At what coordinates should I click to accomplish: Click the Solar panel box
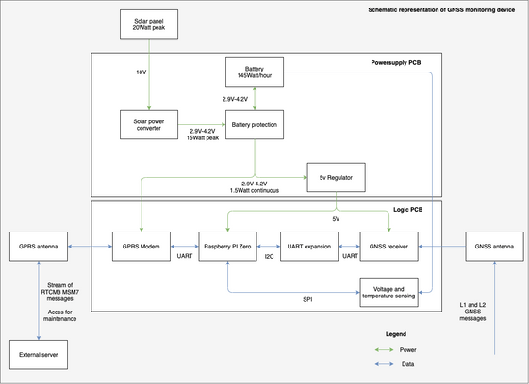click(149, 24)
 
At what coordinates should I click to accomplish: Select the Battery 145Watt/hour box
click(255, 72)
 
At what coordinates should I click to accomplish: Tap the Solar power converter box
click(149, 124)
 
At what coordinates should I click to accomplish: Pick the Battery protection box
click(255, 124)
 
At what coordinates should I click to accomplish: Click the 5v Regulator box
click(336, 178)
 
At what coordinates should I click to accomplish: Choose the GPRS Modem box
click(141, 247)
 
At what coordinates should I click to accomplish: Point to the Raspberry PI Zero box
click(228, 247)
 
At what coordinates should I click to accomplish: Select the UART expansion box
click(309, 247)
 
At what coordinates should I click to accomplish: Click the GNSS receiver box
click(389, 247)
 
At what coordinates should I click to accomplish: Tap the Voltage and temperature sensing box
click(389, 293)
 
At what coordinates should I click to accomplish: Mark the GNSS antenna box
click(495, 247)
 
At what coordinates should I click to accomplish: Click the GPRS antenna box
click(39, 247)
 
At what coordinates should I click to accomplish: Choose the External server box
click(39, 355)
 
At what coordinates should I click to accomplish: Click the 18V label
click(141, 72)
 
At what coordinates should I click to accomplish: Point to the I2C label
click(270, 257)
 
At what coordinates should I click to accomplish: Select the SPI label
click(307, 299)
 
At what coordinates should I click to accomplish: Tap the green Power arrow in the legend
click(385, 349)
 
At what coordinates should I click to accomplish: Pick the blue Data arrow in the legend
click(385, 364)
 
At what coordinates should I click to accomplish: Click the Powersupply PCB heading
click(396, 63)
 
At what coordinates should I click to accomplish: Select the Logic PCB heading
click(408, 210)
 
